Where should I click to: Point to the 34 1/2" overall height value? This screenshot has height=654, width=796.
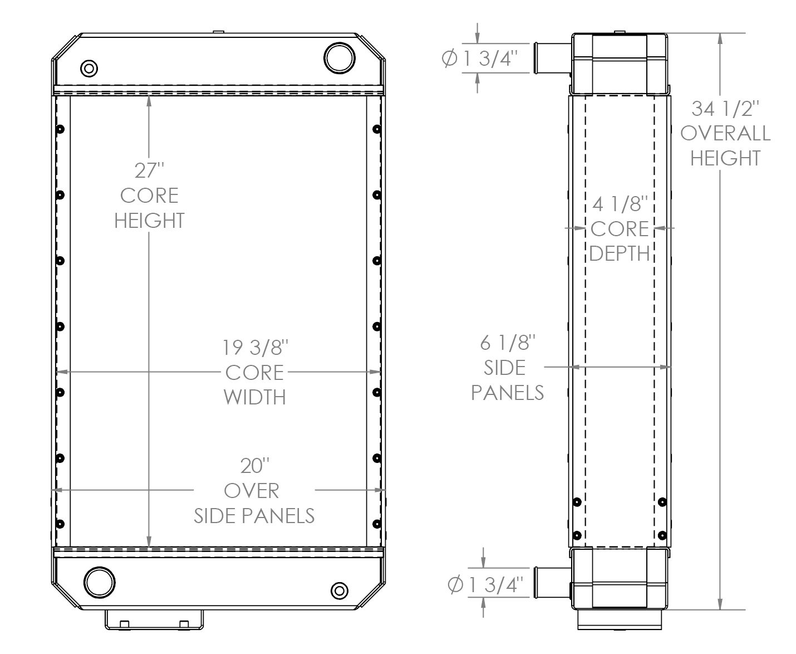pos(725,108)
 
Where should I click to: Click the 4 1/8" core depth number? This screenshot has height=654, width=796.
pos(620,204)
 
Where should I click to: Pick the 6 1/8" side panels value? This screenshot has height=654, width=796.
pos(507,343)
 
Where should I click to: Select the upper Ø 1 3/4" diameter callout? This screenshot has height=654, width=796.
pos(480,58)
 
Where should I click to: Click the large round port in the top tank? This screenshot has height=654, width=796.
pos(339,58)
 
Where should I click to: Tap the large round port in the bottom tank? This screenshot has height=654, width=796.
pos(100,583)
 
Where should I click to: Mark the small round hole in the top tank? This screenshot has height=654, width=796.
pos(89,69)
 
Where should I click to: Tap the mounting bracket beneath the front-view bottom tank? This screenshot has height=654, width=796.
pos(154,619)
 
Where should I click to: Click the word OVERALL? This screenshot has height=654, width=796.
pos(725,133)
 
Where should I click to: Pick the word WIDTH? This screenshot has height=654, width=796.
pos(254,397)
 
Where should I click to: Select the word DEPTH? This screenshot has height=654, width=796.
pos(620,253)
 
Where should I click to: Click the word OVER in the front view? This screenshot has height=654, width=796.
pos(251,491)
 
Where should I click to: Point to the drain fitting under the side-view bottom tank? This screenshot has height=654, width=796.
pos(619,619)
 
